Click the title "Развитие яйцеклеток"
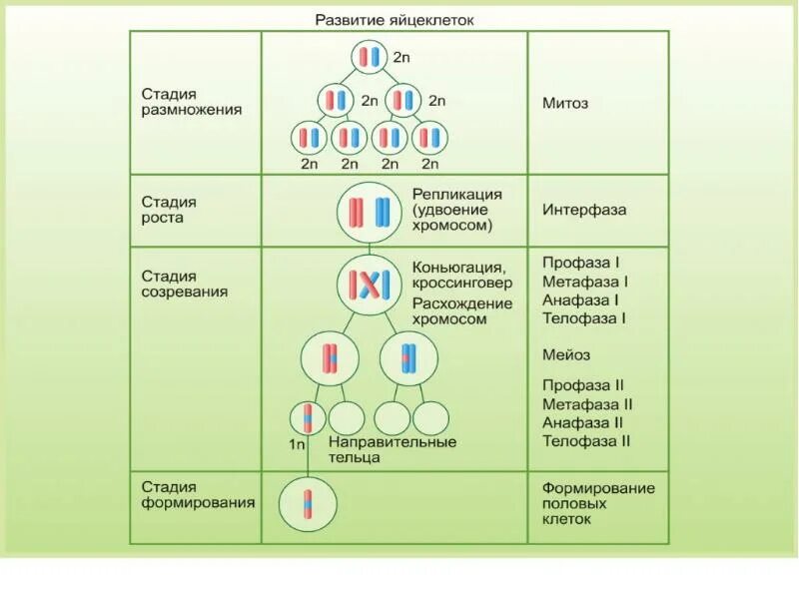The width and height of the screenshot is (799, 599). click(x=395, y=19)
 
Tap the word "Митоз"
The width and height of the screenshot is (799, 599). click(x=565, y=103)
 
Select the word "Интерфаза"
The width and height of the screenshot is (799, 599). click(x=584, y=211)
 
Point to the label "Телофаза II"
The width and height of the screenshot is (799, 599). click(x=586, y=441)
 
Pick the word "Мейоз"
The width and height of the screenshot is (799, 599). click(x=566, y=354)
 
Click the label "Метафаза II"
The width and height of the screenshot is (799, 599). click(x=587, y=404)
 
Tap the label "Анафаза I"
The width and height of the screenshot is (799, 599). click(x=581, y=299)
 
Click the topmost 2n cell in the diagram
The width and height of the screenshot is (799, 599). click(x=370, y=57)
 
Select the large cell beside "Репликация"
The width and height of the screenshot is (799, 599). click(x=369, y=212)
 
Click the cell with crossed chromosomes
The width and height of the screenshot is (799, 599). click(x=368, y=286)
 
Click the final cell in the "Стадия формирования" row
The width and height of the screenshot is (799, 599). click(x=308, y=505)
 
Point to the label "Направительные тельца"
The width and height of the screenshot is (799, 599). click(x=393, y=449)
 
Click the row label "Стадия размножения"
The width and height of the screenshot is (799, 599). click(x=191, y=102)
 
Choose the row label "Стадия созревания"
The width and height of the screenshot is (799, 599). click(x=184, y=284)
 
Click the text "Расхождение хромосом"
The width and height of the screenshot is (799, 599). click(x=461, y=311)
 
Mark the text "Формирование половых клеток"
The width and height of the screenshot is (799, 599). click(x=597, y=503)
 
